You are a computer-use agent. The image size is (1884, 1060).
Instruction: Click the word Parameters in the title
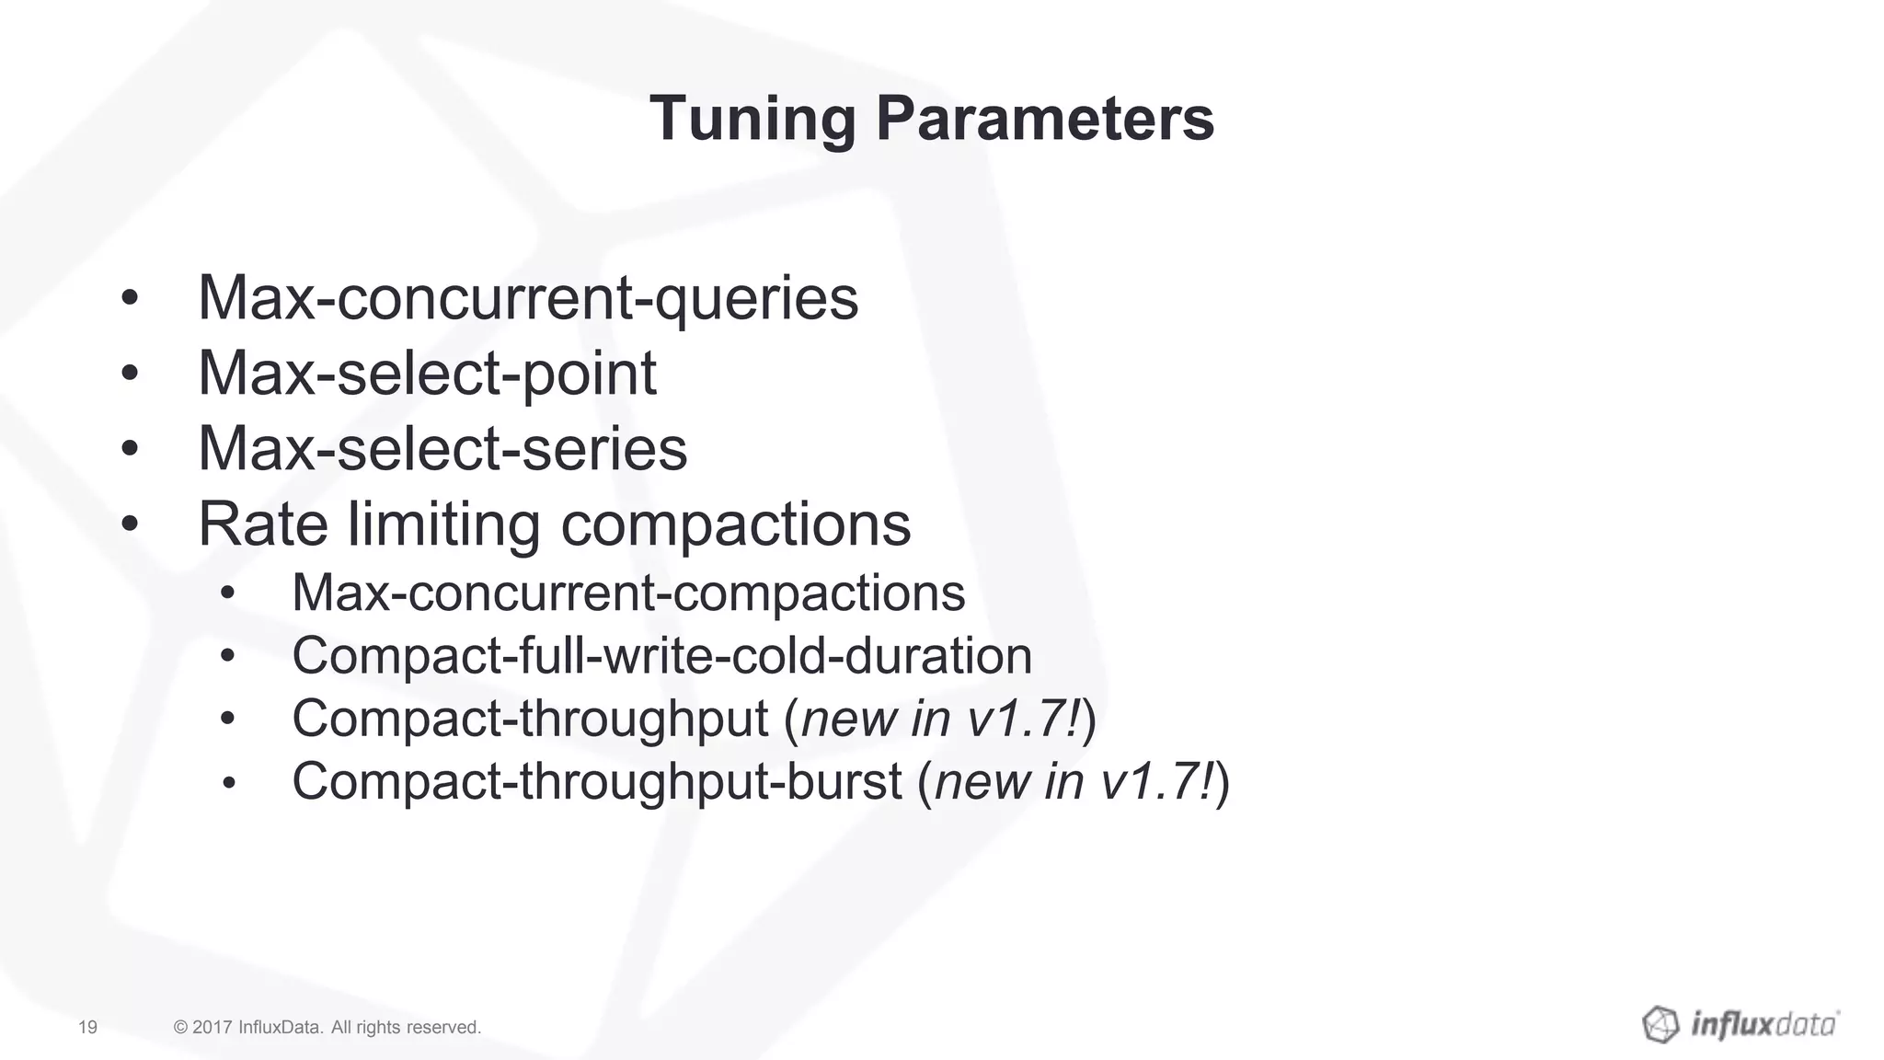pyautogui.click(x=1044, y=120)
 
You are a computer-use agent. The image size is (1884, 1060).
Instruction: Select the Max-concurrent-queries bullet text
pyautogui.click(x=528, y=298)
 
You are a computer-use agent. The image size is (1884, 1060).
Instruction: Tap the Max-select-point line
pyautogui.click(x=427, y=374)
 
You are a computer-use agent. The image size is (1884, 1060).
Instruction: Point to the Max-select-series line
pyautogui.click(x=442, y=449)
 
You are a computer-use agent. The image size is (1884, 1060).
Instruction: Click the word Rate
pyautogui.click(x=263, y=524)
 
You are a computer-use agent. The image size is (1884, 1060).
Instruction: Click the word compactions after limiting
pyautogui.click(x=735, y=524)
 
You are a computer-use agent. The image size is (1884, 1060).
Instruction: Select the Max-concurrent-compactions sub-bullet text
pyautogui.click(x=628, y=593)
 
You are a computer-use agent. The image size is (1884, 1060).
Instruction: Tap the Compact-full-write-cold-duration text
pyautogui.click(x=661, y=656)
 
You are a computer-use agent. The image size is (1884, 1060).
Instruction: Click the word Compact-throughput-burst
pyautogui.click(x=596, y=781)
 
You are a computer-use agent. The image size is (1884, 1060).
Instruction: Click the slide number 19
pyautogui.click(x=88, y=1027)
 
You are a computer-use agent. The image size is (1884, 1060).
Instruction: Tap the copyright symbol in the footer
pyautogui.click(x=180, y=1027)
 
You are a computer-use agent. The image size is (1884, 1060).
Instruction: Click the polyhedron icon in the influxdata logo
pyautogui.click(x=1660, y=1024)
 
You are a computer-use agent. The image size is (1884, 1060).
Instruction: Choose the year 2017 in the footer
pyautogui.click(x=213, y=1027)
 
